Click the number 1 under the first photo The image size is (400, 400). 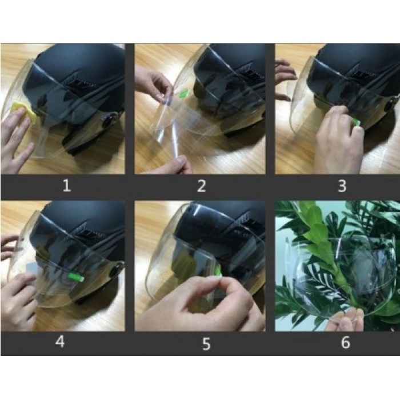click(67, 186)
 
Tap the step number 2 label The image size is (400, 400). click(201, 186)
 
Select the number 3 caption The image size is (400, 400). click(342, 186)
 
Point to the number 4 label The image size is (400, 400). click(59, 343)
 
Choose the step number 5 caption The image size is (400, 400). click(206, 343)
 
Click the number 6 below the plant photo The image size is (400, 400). click(345, 343)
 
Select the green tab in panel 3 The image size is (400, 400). click(356, 122)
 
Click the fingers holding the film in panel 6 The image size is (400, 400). click(346, 320)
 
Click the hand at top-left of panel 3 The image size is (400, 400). click(284, 74)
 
